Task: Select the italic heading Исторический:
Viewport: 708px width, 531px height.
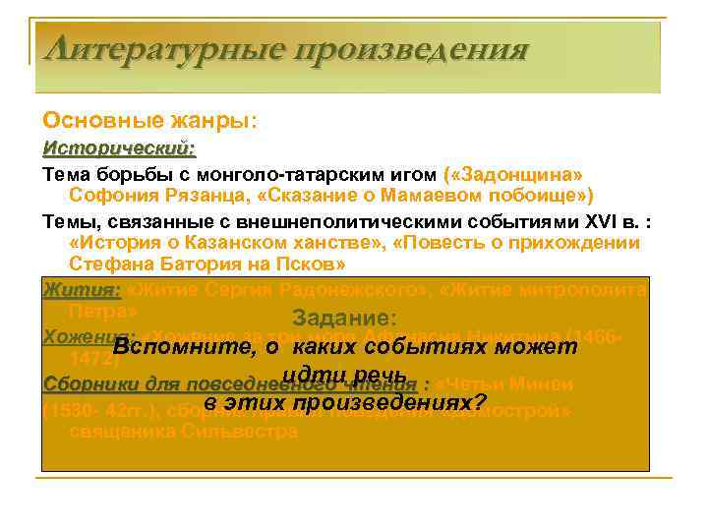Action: (119, 148)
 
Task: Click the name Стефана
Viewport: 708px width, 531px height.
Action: (111, 265)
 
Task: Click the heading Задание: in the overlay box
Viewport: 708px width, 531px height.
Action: (345, 319)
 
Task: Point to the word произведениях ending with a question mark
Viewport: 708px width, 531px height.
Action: (388, 402)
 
